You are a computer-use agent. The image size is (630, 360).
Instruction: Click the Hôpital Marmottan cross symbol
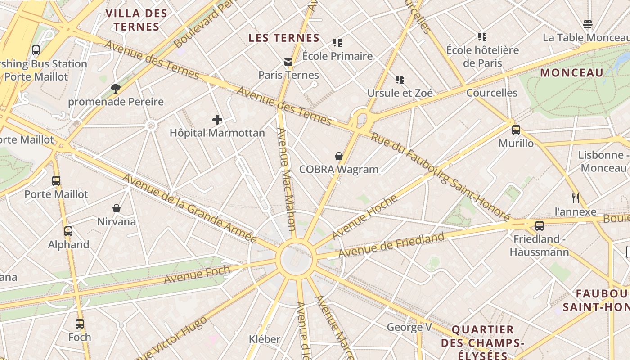pos(217,120)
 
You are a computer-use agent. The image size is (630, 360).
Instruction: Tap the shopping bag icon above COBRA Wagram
pos(339,156)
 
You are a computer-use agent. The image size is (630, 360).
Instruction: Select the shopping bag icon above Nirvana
pos(117,208)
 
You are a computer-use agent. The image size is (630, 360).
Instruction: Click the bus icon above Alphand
pos(68,231)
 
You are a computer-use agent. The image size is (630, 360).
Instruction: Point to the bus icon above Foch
pos(80,324)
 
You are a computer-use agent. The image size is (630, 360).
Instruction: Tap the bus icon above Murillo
pos(516,130)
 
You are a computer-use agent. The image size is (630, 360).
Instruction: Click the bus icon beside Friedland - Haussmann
pos(540,226)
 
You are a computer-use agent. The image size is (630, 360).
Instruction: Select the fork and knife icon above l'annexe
pos(575,198)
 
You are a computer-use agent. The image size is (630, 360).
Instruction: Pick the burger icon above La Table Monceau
pos(588,24)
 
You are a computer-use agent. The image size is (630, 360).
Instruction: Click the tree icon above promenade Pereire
pos(116,88)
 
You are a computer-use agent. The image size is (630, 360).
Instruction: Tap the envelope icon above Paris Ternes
pos(288,62)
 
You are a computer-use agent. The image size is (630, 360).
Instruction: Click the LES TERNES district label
pos(284,38)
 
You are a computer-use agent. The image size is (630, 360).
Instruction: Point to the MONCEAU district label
pos(571,73)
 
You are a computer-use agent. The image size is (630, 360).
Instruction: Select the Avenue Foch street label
pos(197,274)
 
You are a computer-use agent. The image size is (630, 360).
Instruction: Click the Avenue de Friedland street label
pos(391,245)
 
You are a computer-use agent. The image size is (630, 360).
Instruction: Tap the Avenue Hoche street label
pos(364,217)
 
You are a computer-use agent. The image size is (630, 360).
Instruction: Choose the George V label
pos(409,327)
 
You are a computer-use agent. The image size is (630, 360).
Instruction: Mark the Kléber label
pos(265,339)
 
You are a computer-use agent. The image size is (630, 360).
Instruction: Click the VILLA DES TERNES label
pos(136,20)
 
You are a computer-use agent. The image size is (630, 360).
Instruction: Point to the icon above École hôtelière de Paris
pos(482,36)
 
